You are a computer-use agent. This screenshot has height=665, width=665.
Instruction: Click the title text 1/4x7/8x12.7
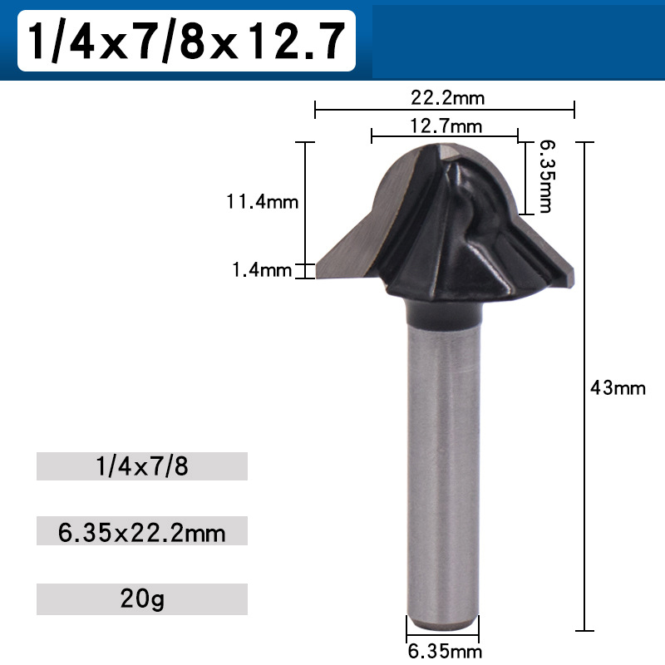(185, 41)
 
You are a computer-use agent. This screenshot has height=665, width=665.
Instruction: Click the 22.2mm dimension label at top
(447, 97)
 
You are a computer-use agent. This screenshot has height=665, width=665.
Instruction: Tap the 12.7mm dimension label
(446, 126)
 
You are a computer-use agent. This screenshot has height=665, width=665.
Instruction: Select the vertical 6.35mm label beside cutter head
(545, 175)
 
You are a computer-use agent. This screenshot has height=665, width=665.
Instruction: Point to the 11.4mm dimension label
(261, 201)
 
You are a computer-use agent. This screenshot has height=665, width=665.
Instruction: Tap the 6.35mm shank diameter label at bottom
(444, 651)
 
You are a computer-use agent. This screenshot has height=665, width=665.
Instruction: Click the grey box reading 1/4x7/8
(142, 466)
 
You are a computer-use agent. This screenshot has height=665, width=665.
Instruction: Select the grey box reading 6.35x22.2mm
(142, 531)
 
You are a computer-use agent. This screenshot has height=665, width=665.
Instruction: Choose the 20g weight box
(142, 598)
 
